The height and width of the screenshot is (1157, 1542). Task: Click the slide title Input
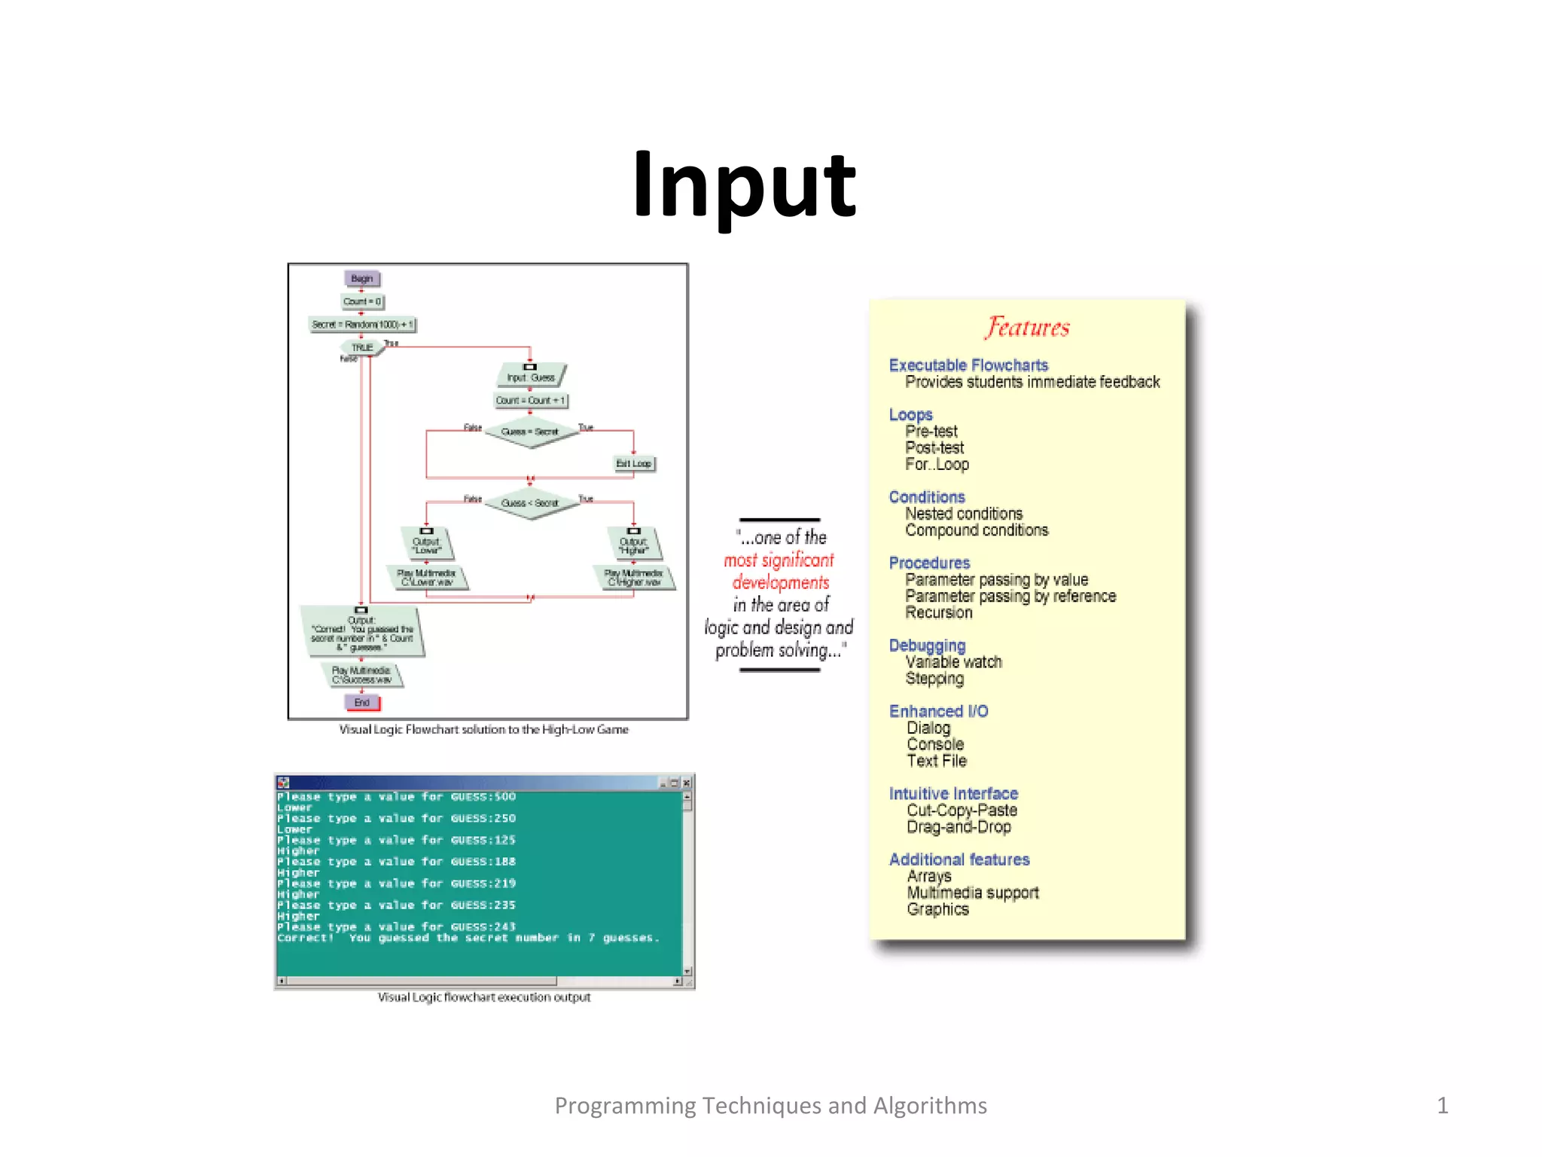pyautogui.click(x=744, y=185)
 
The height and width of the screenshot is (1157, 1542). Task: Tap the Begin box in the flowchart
pyautogui.click(x=361, y=279)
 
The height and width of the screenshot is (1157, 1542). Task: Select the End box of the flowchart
pyautogui.click(x=362, y=702)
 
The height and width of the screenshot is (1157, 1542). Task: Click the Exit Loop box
pyautogui.click(x=634, y=463)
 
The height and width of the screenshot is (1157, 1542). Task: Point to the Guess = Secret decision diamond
pyautogui.click(x=530, y=432)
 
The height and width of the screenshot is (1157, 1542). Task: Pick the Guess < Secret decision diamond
pyautogui.click(x=530, y=502)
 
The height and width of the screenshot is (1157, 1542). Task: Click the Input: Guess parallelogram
pyautogui.click(x=531, y=377)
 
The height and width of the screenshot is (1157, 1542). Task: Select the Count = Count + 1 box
pyautogui.click(x=530, y=401)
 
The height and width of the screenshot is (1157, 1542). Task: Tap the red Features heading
pyautogui.click(x=1028, y=327)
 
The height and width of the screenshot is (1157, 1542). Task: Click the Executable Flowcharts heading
pyautogui.click(x=968, y=365)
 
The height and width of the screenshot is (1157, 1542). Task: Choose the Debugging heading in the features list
pyautogui.click(x=927, y=646)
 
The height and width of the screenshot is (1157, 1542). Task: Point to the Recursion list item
pyautogui.click(x=939, y=612)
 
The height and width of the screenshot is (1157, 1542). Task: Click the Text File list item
pyautogui.click(x=937, y=761)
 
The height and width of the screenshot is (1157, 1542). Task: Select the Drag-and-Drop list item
pyautogui.click(x=958, y=827)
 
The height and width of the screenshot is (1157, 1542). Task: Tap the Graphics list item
pyautogui.click(x=937, y=909)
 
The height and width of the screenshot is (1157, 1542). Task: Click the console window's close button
pyautogui.click(x=686, y=783)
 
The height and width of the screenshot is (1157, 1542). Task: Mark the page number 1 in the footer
pyautogui.click(x=1442, y=1105)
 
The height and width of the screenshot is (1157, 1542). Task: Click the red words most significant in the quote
pyautogui.click(x=779, y=560)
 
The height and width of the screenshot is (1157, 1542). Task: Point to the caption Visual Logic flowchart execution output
pyautogui.click(x=484, y=997)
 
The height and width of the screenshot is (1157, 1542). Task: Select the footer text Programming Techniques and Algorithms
pyautogui.click(x=770, y=1105)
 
